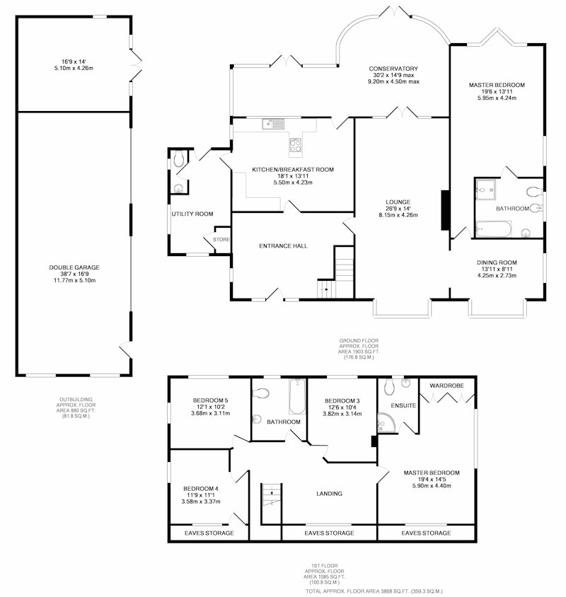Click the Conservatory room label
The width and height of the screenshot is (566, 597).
[x=393, y=69]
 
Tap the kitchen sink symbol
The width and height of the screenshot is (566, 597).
[x=273, y=124]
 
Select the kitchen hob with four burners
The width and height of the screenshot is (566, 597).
[x=296, y=145]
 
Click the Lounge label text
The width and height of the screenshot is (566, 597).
[x=398, y=202]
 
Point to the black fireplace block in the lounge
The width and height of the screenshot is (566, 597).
[x=445, y=210]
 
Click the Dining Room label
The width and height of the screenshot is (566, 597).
[x=497, y=262]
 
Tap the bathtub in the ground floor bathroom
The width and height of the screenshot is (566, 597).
[x=494, y=229]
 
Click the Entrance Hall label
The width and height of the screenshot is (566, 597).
[x=283, y=246]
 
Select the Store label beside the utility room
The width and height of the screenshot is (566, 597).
[x=221, y=240]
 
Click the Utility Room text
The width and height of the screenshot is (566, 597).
[x=192, y=214]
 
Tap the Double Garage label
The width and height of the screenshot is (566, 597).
[x=74, y=267]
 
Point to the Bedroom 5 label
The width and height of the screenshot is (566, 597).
[x=210, y=400]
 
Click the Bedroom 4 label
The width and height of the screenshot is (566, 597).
[x=201, y=489]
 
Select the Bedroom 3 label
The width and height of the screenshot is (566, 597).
[x=342, y=400]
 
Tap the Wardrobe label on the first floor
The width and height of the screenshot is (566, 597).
[x=446, y=386]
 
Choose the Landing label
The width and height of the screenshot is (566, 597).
[x=329, y=494]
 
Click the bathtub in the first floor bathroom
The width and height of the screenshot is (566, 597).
[x=297, y=397]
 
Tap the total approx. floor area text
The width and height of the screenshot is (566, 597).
[x=374, y=591]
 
